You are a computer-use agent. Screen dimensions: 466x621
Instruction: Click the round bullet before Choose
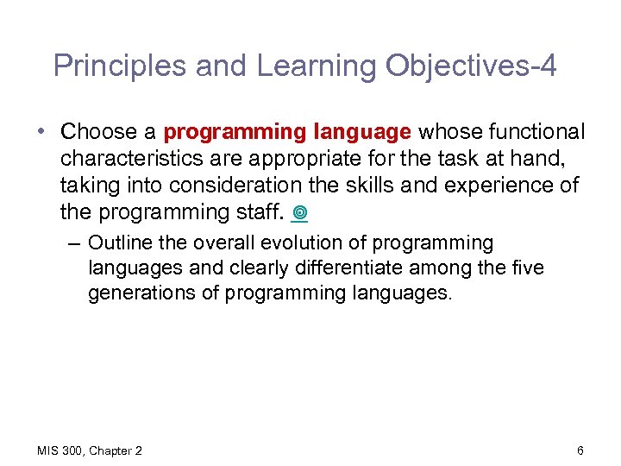click(x=41, y=132)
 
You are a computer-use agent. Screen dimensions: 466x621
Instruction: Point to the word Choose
click(x=100, y=132)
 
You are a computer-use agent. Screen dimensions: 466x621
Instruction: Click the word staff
click(x=264, y=211)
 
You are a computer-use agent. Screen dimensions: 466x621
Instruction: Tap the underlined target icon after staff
click(x=300, y=212)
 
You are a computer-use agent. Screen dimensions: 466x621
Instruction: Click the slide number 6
click(x=580, y=450)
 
